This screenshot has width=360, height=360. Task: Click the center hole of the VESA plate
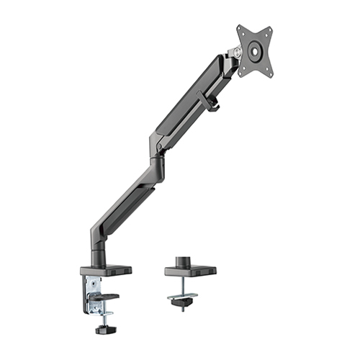tap(256, 50)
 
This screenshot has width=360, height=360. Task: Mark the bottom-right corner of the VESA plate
tap(272, 72)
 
